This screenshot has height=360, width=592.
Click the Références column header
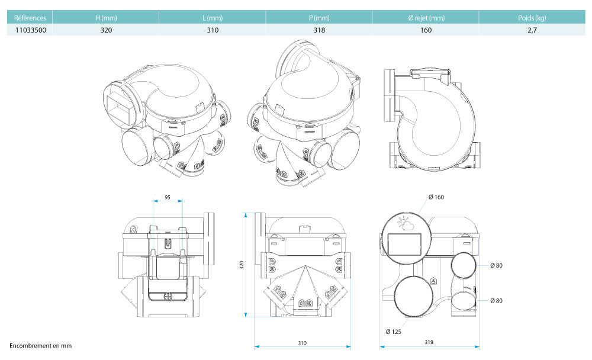click(x=30, y=18)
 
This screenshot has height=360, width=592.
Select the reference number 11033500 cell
click(x=30, y=30)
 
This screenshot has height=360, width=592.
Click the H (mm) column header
click(x=106, y=18)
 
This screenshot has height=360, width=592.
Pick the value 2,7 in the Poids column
click(x=532, y=30)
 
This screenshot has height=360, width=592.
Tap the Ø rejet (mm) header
click(x=426, y=18)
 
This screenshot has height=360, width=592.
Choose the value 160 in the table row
click(x=426, y=30)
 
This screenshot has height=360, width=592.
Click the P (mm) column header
click(x=319, y=18)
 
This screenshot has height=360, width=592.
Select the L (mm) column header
click(x=213, y=18)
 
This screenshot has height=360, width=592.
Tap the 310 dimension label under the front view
click(x=302, y=343)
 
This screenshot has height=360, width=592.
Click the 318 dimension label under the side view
click(x=429, y=343)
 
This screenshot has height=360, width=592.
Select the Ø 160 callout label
click(x=435, y=197)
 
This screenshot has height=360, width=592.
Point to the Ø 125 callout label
click(x=394, y=332)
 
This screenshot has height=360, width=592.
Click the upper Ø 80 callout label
click(x=496, y=265)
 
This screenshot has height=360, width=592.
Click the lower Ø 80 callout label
click(x=496, y=301)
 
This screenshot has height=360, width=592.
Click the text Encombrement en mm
click(x=40, y=345)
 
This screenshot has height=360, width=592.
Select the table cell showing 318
click(x=319, y=30)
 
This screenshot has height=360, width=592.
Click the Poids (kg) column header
click(x=532, y=18)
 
